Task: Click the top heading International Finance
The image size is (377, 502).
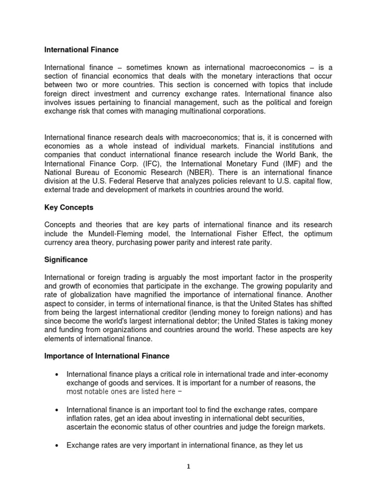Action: (81, 50)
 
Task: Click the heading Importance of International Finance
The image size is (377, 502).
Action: (107, 355)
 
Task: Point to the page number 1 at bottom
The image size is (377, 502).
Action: (188, 467)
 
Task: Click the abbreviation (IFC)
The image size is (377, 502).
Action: (145, 164)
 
